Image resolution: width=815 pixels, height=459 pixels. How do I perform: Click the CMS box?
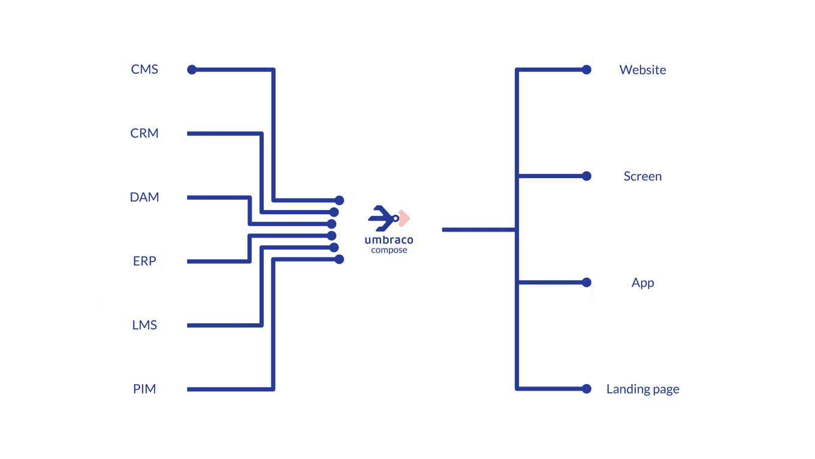point(144,70)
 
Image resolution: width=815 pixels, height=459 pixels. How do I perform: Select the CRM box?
point(144,133)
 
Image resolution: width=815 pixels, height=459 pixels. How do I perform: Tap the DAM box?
point(144,197)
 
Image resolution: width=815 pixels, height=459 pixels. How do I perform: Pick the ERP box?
point(144,261)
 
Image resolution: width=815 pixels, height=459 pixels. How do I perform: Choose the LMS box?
point(144,325)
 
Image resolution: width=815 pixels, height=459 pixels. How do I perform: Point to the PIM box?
point(144,389)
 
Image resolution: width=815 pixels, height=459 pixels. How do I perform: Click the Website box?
point(642,70)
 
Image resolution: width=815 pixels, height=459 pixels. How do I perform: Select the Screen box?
point(642,176)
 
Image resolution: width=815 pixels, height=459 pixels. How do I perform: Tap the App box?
point(642,283)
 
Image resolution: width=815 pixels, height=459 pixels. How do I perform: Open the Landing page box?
point(642,389)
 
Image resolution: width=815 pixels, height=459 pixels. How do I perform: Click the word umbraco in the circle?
point(389,240)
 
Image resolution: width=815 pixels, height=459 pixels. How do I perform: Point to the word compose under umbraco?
point(389,250)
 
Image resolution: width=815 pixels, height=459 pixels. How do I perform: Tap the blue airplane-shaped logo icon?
point(382,218)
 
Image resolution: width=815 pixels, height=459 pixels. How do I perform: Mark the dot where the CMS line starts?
point(192,70)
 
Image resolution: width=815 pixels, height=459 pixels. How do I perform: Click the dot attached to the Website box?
point(585,70)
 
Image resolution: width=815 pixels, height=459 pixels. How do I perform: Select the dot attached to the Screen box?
point(585,176)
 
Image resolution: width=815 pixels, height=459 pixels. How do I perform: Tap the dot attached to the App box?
point(585,283)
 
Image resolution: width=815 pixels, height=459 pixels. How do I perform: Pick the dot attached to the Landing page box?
point(585,389)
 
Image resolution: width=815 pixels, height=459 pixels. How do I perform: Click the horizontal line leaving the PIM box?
point(231,389)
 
